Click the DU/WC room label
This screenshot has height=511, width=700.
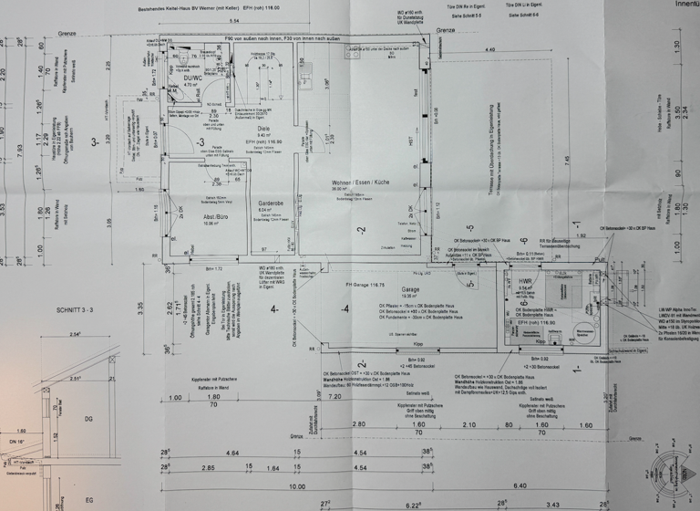click(x=192, y=79)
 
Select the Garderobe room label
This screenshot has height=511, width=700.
click(x=273, y=203)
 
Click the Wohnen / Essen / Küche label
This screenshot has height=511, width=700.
click(x=360, y=183)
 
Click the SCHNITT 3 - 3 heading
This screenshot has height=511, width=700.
click(x=57, y=311)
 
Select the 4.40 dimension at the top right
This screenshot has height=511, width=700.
click(x=490, y=48)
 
